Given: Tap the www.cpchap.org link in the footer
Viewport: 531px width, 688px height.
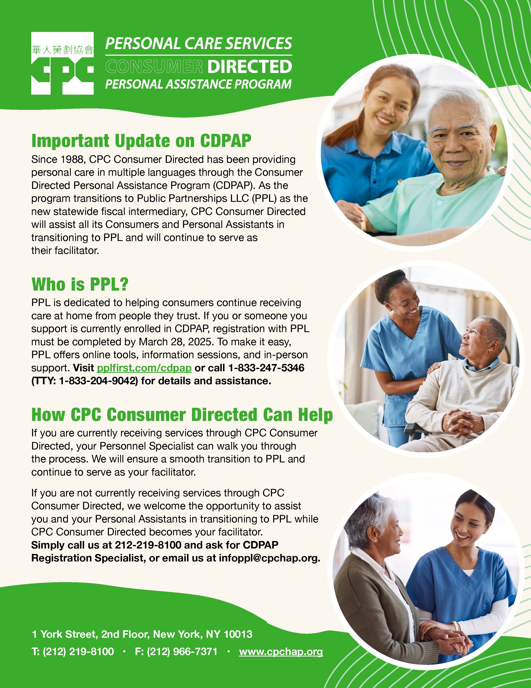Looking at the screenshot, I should (281, 652).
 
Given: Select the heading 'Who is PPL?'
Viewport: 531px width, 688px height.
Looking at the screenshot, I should (80, 284).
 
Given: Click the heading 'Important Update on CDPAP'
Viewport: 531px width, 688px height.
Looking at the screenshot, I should (141, 141).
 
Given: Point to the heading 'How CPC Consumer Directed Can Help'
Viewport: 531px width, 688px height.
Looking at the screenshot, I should (182, 415).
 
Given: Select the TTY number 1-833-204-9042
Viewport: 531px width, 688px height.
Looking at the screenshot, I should (98, 381).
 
